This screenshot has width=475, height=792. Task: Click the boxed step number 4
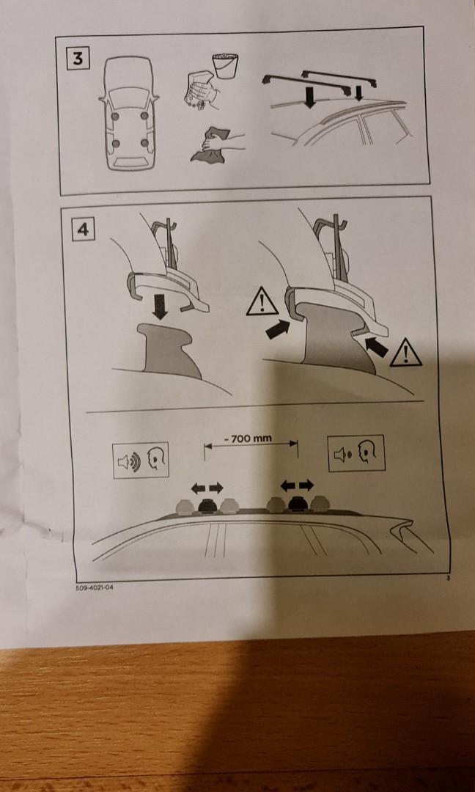[83, 229]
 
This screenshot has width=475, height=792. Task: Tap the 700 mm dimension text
[251, 439]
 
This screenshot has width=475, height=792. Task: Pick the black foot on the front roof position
[205, 505]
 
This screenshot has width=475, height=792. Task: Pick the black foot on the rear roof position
[298, 503]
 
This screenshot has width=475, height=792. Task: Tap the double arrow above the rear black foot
[298, 485]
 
